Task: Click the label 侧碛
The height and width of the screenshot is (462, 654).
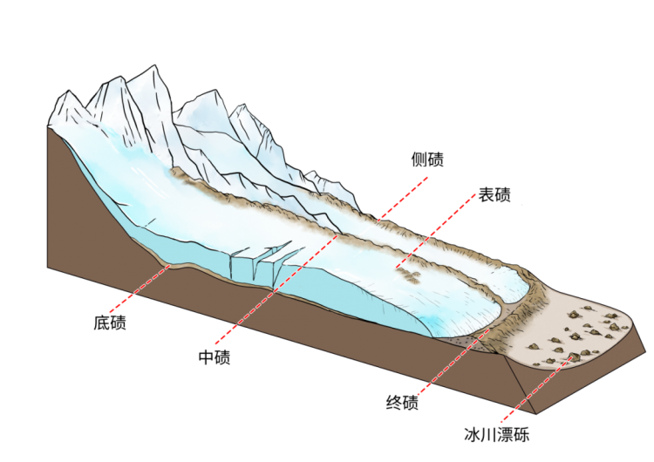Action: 427,160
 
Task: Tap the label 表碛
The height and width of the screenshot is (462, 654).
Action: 494,194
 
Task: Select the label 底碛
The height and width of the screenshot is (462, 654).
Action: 110,323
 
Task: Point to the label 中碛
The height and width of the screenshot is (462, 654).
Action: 215,357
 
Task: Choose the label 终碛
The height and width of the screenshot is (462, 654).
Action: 402,403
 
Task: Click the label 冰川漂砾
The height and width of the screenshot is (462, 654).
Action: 497,434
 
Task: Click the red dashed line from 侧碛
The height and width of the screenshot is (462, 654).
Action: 403,199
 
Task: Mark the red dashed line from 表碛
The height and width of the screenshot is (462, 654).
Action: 435,231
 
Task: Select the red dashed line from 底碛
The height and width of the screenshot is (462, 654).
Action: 140,288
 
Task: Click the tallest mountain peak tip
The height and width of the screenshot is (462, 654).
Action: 155,65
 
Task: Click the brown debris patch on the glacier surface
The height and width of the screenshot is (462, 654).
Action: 407,275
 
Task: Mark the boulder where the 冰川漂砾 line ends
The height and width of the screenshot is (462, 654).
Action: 575,356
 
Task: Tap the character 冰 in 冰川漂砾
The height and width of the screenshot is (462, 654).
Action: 472,434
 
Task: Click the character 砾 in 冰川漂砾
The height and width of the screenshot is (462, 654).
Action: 521,434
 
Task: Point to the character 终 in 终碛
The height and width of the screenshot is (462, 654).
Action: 394,403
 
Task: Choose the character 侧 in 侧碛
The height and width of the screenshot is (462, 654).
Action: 419,160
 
